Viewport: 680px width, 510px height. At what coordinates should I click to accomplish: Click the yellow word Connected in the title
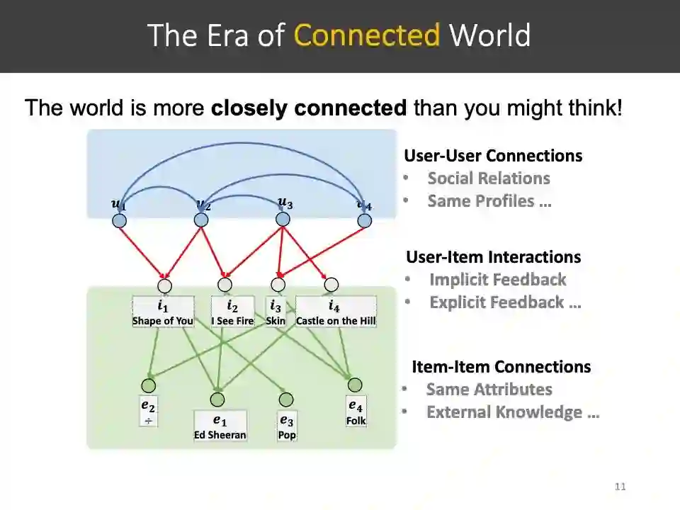coord(367,35)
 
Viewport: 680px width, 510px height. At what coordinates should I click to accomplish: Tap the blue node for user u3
coord(283,220)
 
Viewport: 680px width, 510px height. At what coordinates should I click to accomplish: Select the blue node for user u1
coord(120,220)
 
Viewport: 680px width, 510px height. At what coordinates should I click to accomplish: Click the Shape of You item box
coord(163,313)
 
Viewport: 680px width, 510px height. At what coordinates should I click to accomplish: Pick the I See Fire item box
coord(232,313)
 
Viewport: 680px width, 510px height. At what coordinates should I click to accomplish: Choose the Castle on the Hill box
coord(336,313)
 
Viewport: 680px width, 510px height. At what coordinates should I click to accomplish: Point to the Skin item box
coord(276,313)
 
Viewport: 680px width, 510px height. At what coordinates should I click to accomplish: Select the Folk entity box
coord(356,413)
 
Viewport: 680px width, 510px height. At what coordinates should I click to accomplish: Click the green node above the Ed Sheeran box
coord(217,399)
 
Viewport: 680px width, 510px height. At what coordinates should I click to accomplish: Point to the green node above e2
coord(148,385)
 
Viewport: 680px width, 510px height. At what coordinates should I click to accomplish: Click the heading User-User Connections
coord(493,156)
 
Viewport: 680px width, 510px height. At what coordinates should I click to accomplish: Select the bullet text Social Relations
coord(489,178)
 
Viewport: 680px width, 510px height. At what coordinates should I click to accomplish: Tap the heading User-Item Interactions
coord(493,257)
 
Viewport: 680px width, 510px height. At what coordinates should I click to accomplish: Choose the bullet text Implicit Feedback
coord(497,280)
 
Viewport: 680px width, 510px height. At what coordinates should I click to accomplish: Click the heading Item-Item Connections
coord(501,367)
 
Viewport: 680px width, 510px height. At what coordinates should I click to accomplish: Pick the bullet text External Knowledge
coord(513,412)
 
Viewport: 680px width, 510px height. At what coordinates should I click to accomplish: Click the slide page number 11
coord(620,487)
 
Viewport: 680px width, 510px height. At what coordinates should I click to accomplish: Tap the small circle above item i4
coord(331,285)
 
